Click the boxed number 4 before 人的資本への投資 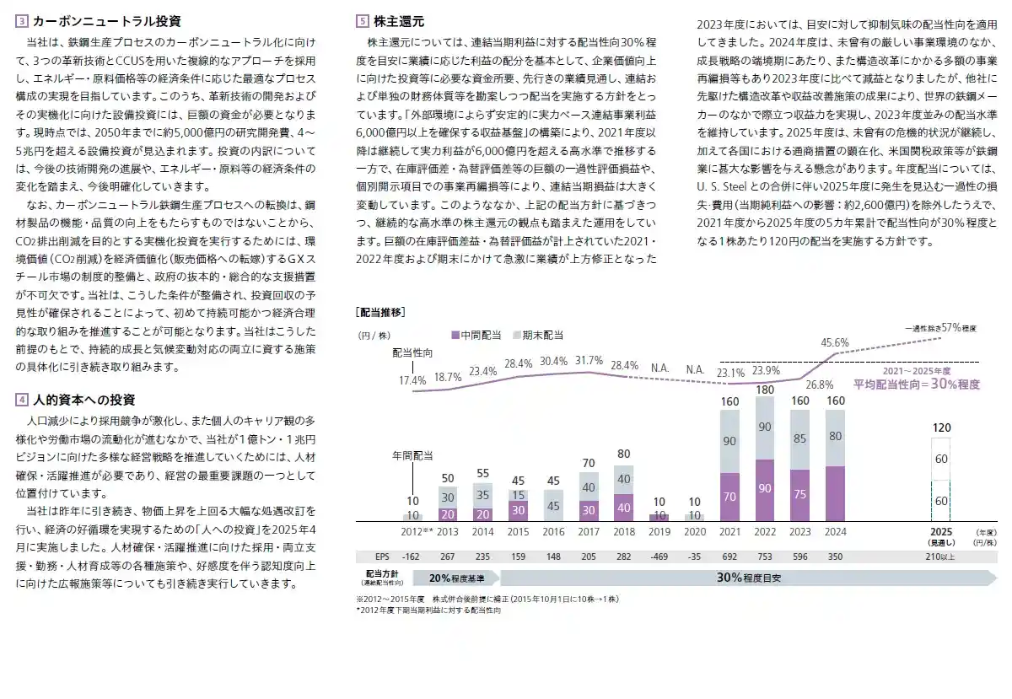click(21, 399)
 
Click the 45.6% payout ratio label click(834, 342)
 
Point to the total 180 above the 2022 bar click(765, 390)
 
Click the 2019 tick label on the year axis click(659, 533)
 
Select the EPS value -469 click(659, 556)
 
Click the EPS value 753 click(765, 556)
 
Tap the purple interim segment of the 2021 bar click(730, 497)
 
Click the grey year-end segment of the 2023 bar click(799, 439)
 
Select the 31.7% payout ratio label click(589, 360)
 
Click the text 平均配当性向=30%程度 click(916, 384)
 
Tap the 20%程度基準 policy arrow click(456, 578)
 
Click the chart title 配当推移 click(381, 312)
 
